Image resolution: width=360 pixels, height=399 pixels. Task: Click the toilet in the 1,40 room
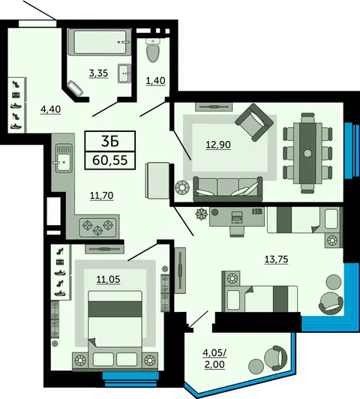(154, 50)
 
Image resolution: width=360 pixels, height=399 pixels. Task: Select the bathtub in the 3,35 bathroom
(100, 42)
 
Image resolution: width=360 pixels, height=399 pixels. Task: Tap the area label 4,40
(51, 109)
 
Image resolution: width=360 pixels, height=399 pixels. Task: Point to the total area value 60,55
(110, 160)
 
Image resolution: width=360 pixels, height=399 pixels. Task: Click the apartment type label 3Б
(110, 142)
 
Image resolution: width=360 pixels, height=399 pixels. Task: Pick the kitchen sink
(64, 158)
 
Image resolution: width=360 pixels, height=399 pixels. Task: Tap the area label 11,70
(102, 196)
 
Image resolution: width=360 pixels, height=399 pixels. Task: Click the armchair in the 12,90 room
(254, 122)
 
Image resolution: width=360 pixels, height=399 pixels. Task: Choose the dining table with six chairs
(307, 153)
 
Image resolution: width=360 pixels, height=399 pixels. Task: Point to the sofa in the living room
(228, 189)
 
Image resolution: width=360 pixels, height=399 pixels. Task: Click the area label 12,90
(218, 145)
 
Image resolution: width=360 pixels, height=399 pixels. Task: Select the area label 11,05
(108, 280)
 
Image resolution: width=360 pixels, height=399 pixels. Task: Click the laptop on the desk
(237, 217)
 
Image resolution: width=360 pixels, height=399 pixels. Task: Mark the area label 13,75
(276, 259)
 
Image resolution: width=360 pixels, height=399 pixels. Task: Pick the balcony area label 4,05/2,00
(214, 358)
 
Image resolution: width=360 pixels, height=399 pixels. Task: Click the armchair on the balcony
(275, 358)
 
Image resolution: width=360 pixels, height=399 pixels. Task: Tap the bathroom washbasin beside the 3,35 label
(124, 73)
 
